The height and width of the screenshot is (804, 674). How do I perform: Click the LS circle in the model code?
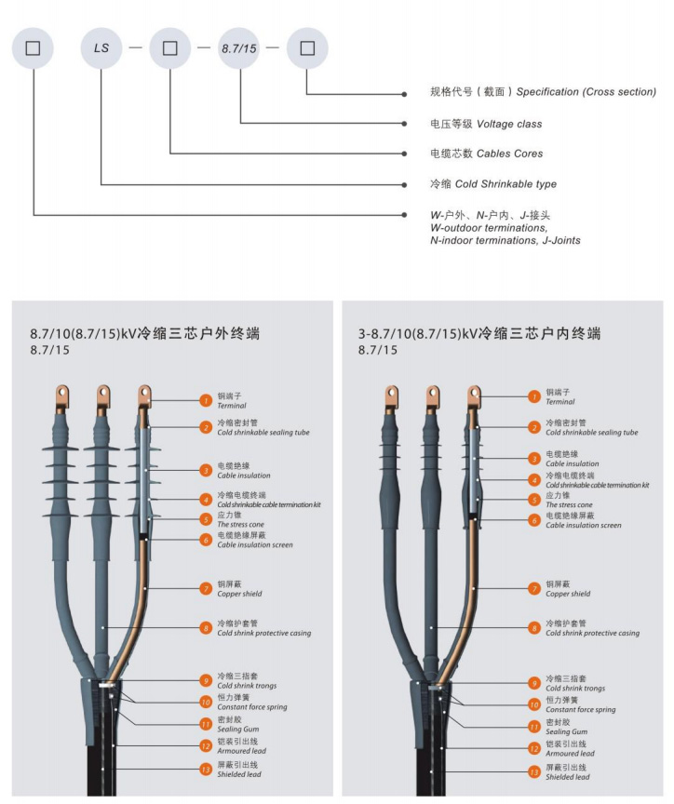[x=101, y=47]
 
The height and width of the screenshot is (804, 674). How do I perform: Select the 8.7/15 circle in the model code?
[x=238, y=47]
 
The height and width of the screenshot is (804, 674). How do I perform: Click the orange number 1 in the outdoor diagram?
[x=206, y=400]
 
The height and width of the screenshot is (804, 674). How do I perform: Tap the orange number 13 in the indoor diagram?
[x=534, y=771]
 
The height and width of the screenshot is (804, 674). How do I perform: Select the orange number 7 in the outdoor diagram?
[x=206, y=588]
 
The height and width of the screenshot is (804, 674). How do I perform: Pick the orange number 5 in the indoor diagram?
[x=534, y=500]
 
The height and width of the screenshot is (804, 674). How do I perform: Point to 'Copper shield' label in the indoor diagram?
[x=567, y=593]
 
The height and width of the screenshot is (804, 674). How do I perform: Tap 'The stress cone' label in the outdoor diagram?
[x=240, y=525]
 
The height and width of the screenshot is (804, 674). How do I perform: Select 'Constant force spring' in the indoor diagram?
[x=580, y=709]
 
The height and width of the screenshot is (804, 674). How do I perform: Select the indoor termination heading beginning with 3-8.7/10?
[x=479, y=333]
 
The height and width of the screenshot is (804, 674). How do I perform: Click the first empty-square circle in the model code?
[x=33, y=47]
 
